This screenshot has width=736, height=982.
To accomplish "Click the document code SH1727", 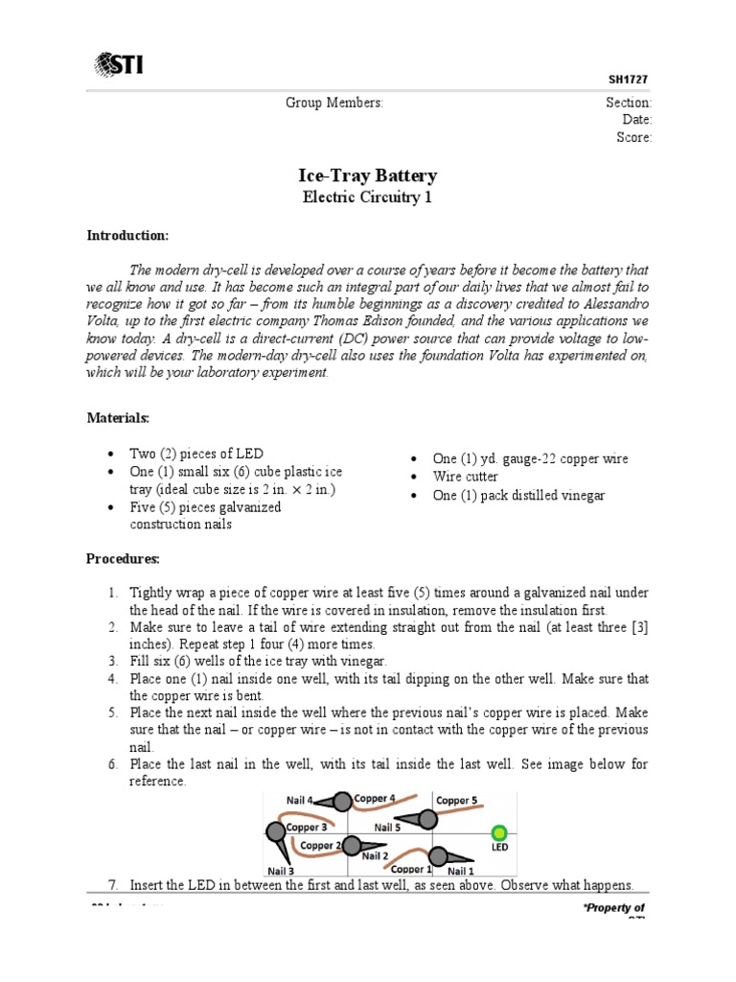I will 632,82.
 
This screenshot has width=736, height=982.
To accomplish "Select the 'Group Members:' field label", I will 333,103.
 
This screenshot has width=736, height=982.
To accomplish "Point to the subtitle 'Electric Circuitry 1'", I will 368,198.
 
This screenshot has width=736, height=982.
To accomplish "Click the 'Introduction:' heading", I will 127,235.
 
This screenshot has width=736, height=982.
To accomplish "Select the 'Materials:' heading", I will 119,418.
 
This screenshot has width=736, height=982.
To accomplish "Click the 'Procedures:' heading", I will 124,558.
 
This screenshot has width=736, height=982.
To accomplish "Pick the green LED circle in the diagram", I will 498,832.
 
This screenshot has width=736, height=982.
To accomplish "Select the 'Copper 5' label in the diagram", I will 456,800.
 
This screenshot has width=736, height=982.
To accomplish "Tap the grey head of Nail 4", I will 342,801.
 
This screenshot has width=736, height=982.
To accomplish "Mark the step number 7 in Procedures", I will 112,884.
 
